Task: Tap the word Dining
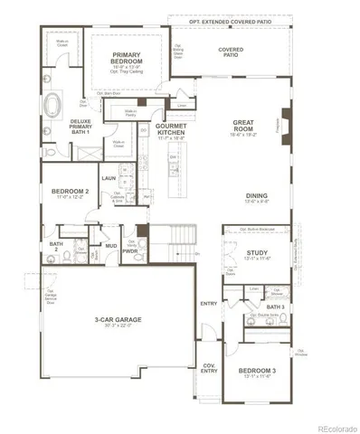pyautogui.click(x=257, y=195)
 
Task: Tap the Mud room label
pyautogui.click(x=110, y=245)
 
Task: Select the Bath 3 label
pyautogui.click(x=276, y=307)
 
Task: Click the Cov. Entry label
pyautogui.click(x=209, y=367)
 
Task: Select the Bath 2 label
pyautogui.click(x=56, y=245)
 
